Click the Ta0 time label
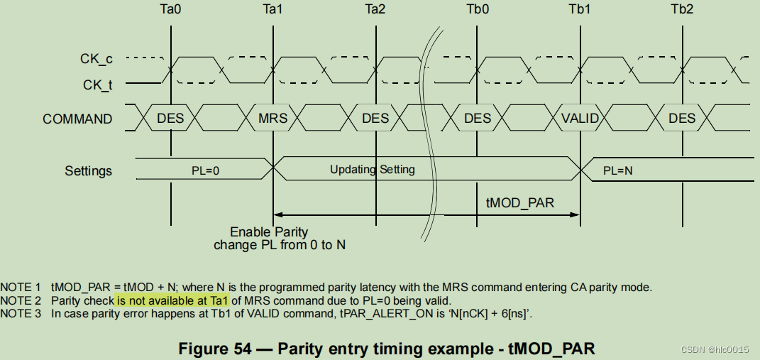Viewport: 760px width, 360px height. (x=170, y=10)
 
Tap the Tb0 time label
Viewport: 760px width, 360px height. (x=477, y=10)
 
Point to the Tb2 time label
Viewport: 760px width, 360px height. (x=682, y=10)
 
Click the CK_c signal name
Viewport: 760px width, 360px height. (x=96, y=60)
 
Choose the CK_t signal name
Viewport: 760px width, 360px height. (x=97, y=85)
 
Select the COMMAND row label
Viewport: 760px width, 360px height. (x=77, y=119)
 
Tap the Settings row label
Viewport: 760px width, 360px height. (x=88, y=170)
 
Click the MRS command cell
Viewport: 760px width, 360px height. (x=273, y=119)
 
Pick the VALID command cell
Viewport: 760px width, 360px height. (x=580, y=119)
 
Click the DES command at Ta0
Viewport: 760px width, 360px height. (x=170, y=119)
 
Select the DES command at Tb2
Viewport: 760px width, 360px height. (x=682, y=119)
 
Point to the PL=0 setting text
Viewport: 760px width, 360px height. (x=206, y=170)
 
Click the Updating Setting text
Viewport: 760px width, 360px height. (x=372, y=170)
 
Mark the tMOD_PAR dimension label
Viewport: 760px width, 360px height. (x=519, y=202)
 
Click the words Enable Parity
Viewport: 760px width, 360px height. (x=269, y=232)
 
